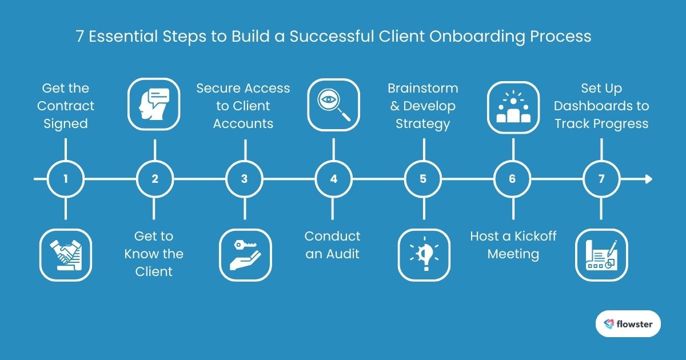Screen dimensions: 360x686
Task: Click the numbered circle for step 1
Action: pyautogui.click(x=66, y=179)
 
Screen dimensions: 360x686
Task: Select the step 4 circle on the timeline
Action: pyautogui.click(x=333, y=179)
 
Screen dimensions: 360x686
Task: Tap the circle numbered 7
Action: pyautogui.click(x=601, y=179)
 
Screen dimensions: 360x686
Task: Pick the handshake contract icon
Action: pyautogui.click(x=66, y=254)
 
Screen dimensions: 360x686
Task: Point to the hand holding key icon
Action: pyautogui.click(x=245, y=254)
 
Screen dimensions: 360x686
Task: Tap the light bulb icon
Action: pyautogui.click(x=423, y=254)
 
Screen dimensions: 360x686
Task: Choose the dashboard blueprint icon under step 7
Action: pyautogui.click(x=601, y=254)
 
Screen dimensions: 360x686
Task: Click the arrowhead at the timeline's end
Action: pyautogui.click(x=648, y=179)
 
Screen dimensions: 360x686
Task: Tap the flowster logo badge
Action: pyautogui.click(x=628, y=324)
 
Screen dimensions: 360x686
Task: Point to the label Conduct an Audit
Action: pyautogui.click(x=333, y=245)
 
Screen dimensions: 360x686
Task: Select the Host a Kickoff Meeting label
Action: pyautogui.click(x=513, y=245)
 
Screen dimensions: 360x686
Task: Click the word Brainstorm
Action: pyautogui.click(x=422, y=89)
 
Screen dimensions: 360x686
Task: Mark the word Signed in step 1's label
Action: pyautogui.click(x=66, y=123)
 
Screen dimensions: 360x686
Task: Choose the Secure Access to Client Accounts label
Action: pyautogui.click(x=244, y=106)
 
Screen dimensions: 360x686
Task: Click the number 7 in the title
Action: pyautogui.click(x=81, y=37)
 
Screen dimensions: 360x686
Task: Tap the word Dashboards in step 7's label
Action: pyautogui.click(x=601, y=106)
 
